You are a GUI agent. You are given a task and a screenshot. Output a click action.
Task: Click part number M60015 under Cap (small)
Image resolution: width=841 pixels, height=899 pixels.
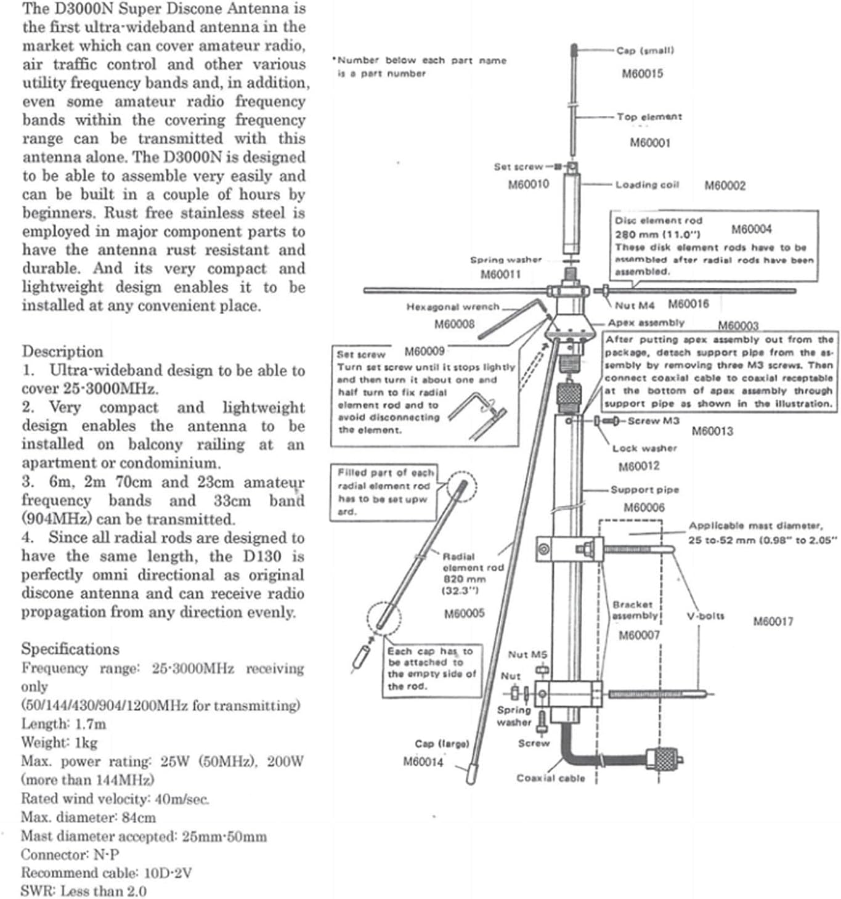coord(642,74)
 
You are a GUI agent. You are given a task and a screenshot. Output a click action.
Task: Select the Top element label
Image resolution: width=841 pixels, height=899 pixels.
coord(649,116)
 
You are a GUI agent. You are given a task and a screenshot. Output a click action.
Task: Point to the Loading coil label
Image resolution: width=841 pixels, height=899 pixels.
coord(647,185)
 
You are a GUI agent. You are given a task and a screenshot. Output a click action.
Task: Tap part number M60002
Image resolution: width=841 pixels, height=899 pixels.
coord(725,185)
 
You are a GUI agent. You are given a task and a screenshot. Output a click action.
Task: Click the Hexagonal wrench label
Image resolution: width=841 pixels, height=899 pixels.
coord(452,307)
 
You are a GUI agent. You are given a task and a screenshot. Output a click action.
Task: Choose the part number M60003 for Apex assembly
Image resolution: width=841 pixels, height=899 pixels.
coord(738,325)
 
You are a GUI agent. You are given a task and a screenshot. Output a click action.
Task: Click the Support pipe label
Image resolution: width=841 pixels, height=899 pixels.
coord(644,490)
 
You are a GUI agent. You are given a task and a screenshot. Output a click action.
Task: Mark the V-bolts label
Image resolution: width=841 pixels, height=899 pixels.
coord(705,616)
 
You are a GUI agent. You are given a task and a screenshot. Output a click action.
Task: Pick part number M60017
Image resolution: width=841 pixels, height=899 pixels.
coord(773,621)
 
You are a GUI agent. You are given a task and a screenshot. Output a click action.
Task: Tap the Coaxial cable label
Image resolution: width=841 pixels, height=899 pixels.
coord(550,778)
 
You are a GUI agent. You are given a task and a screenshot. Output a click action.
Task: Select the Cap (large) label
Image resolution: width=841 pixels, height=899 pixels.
coord(442,744)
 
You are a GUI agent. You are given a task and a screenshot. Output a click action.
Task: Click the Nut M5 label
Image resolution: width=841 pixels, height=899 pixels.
coord(527,654)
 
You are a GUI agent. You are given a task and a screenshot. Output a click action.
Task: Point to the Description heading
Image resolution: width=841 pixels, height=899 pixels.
coord(63,351)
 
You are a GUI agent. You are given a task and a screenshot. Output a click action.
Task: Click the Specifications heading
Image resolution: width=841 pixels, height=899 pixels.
coord(70,649)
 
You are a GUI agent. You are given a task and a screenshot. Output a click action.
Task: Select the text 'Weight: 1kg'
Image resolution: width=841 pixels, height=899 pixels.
coord(59,742)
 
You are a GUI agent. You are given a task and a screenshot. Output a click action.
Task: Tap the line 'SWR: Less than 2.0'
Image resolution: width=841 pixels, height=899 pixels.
coord(83,891)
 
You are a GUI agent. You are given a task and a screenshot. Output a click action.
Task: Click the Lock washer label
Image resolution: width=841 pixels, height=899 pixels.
coord(644,449)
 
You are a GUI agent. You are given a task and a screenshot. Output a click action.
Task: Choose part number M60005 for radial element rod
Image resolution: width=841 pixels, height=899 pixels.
coord(464,613)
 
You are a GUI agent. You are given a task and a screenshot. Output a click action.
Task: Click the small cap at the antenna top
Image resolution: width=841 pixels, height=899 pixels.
coord(574,49)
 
